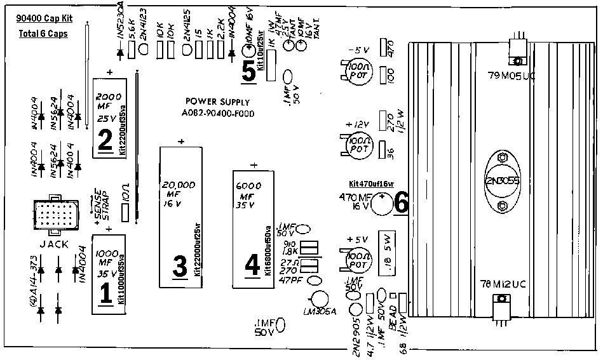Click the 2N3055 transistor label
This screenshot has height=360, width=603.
[x=503, y=181]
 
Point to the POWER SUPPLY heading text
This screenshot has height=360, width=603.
[x=217, y=102]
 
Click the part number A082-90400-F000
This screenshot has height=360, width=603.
[x=217, y=114]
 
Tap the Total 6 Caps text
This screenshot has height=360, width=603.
[x=43, y=33]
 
